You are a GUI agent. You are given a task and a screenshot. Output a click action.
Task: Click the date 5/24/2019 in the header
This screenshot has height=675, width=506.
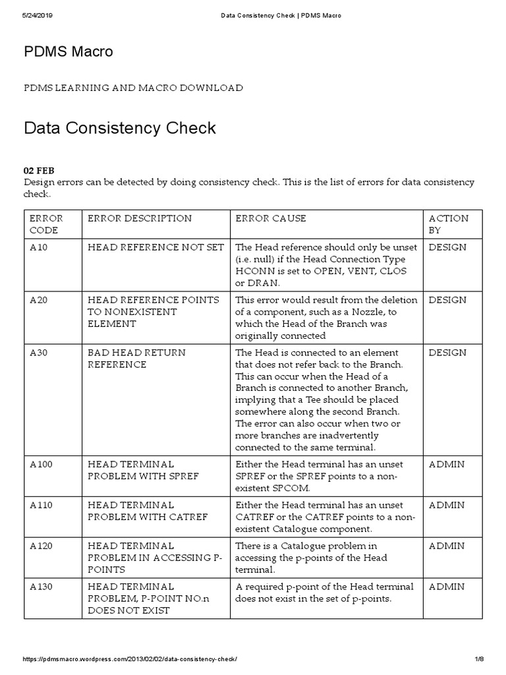point(38,16)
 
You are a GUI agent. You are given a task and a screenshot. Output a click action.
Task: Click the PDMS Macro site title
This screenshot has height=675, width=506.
point(69,51)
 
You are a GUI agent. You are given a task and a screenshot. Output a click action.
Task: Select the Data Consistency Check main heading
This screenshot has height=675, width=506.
point(120,127)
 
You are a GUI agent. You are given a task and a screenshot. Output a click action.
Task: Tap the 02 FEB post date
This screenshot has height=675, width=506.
point(39,171)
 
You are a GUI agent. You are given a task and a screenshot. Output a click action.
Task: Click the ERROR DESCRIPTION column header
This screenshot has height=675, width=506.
point(140,218)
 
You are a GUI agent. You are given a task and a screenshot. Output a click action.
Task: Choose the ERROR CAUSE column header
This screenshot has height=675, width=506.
point(271,218)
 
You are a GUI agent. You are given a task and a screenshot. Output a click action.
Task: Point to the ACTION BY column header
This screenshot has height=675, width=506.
point(449,224)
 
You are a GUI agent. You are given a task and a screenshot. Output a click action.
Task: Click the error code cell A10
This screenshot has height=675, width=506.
point(39,247)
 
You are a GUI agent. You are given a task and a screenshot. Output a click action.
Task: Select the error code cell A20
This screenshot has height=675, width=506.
point(39,300)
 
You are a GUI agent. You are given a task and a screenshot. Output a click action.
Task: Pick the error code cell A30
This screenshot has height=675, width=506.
point(39,353)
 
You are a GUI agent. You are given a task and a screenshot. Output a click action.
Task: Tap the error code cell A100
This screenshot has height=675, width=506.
point(42,464)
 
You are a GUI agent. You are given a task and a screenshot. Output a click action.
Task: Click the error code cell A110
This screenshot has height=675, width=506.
point(42,505)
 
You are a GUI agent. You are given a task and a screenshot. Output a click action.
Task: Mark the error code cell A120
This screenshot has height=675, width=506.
point(42,546)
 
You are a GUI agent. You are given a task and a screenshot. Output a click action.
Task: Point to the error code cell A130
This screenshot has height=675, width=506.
point(42,587)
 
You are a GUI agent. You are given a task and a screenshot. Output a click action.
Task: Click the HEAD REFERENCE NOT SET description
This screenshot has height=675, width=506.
point(156,247)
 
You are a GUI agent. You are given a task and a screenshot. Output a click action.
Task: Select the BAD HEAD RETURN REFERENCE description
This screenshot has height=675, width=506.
point(136,359)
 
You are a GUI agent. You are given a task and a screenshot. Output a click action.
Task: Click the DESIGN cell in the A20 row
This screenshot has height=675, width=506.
point(447,300)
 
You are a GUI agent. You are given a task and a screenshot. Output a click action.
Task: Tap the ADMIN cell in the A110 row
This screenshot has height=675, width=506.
point(446,505)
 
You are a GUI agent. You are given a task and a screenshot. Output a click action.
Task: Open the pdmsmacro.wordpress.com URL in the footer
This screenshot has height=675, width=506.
point(130,660)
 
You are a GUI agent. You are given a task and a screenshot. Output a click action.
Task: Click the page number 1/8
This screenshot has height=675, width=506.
point(479,660)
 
